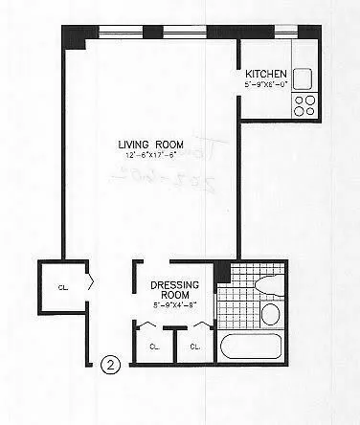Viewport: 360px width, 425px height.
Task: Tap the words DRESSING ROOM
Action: (173, 291)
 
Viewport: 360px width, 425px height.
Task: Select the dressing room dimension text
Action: (173, 306)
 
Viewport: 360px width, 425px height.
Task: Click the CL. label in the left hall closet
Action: (61, 285)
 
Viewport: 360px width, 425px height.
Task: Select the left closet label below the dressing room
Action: (153, 346)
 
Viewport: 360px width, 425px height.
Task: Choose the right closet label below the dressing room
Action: (194, 346)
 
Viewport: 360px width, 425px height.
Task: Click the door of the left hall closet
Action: (89, 283)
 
